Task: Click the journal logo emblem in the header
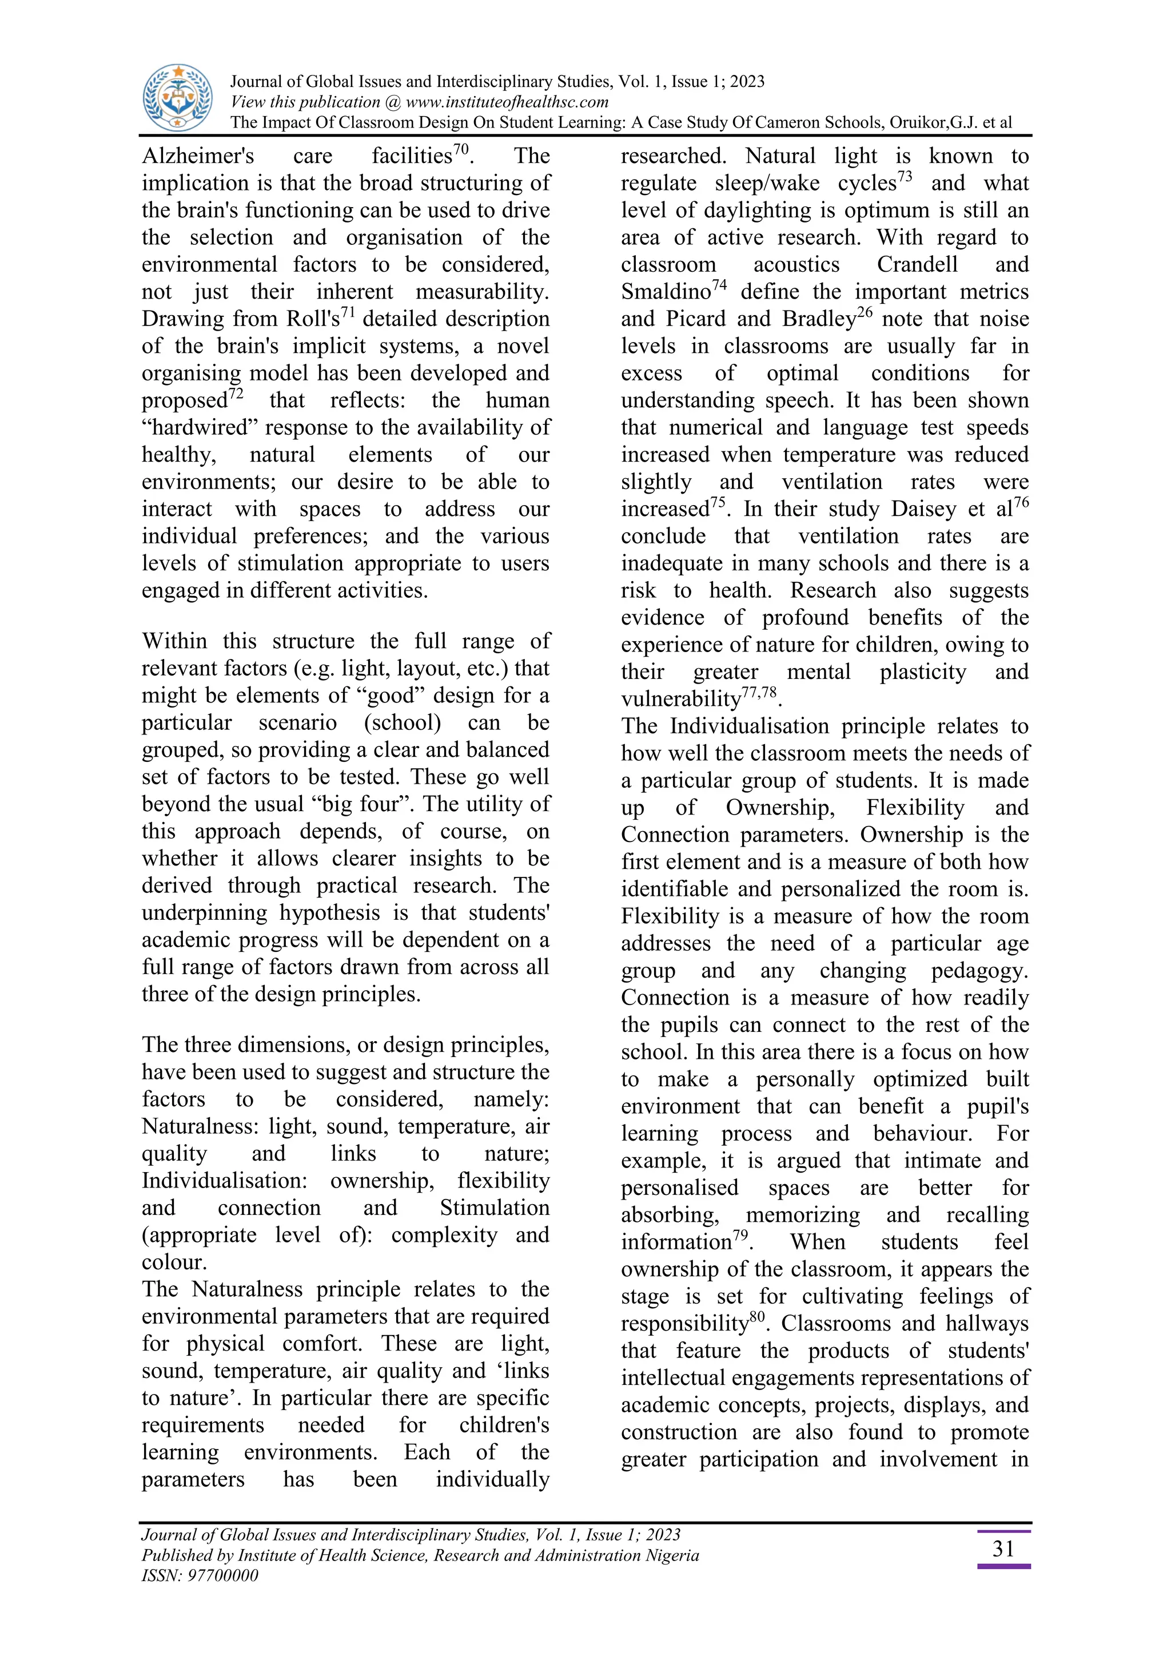tap(177, 97)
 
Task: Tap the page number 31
tap(1003, 1549)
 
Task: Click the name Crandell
tap(917, 265)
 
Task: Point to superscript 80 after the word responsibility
tap(756, 1317)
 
